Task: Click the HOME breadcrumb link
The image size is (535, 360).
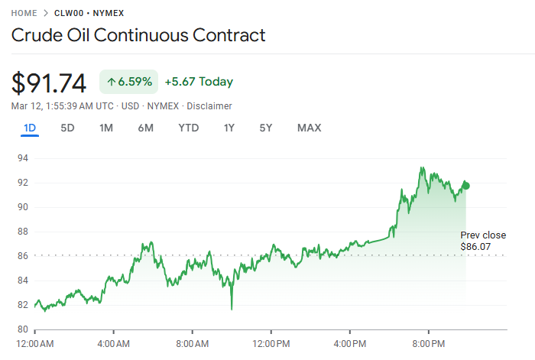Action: point(24,13)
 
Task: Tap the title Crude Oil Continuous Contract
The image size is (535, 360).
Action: point(138,35)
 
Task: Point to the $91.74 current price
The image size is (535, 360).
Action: point(49,83)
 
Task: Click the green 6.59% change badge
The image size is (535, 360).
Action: point(128,82)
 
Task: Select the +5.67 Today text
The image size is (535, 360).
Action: point(199,82)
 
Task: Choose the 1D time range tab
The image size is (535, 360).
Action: point(30,128)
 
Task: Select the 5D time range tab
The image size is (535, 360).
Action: point(67,128)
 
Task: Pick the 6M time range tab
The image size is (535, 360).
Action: point(145,128)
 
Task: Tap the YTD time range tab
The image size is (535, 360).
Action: point(188,128)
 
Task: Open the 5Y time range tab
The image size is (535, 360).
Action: point(265,128)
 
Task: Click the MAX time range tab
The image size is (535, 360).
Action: point(309,128)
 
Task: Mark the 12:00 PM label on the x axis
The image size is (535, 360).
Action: point(272,345)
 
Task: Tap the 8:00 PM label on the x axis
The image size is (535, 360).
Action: point(429,345)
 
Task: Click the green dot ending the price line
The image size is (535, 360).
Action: point(466,185)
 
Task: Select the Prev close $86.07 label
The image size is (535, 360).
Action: point(475,242)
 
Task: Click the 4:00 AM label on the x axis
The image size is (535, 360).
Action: point(114,345)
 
